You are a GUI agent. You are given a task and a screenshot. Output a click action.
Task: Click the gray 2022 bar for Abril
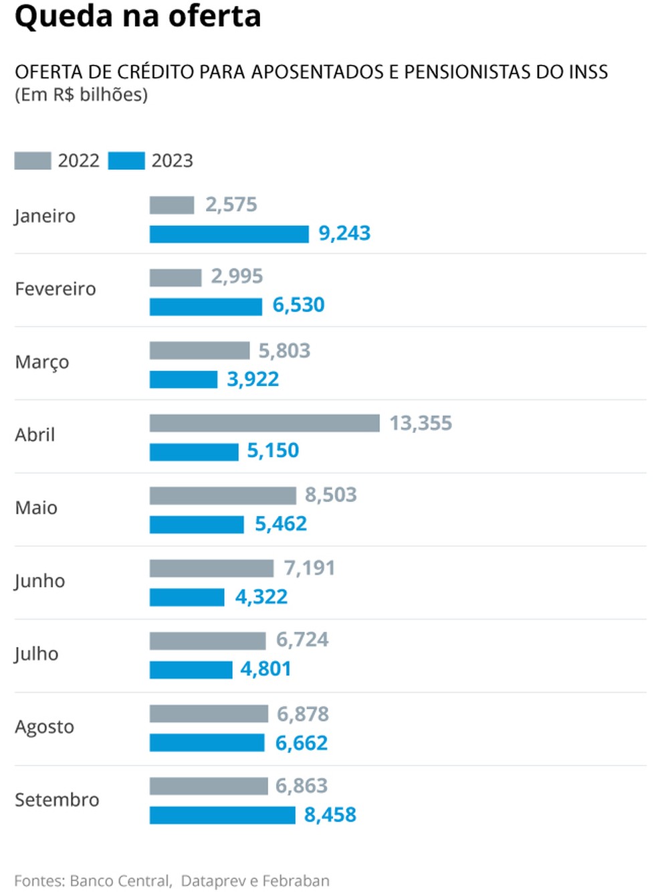(x=264, y=423)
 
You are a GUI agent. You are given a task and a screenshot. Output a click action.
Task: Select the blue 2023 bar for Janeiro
(x=229, y=234)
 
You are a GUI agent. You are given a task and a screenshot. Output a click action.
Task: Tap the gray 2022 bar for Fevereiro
(x=175, y=277)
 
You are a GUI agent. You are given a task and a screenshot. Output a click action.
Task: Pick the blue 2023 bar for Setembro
(x=222, y=815)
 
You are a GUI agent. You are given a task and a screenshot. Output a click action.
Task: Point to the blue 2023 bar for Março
(x=183, y=379)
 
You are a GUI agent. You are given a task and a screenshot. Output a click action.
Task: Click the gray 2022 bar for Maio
(x=223, y=495)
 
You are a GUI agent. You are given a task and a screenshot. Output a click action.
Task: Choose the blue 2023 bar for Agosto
(x=207, y=743)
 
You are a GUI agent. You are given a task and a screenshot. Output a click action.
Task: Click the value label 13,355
(x=421, y=423)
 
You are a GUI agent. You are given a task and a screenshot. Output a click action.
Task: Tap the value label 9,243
(x=344, y=234)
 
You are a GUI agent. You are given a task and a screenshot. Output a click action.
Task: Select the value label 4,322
(x=261, y=596)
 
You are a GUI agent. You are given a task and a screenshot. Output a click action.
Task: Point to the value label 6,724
(x=302, y=640)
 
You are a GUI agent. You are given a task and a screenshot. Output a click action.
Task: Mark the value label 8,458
(x=330, y=815)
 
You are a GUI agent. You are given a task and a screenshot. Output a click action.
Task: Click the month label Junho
(x=39, y=581)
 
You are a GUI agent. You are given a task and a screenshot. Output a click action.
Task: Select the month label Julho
(x=36, y=654)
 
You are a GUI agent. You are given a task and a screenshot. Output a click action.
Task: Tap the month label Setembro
(x=57, y=800)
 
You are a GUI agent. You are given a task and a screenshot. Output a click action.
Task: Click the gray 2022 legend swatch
(x=32, y=161)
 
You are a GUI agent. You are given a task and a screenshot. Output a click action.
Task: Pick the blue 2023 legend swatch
(x=126, y=161)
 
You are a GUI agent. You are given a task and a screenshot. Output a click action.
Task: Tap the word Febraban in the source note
(x=296, y=881)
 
